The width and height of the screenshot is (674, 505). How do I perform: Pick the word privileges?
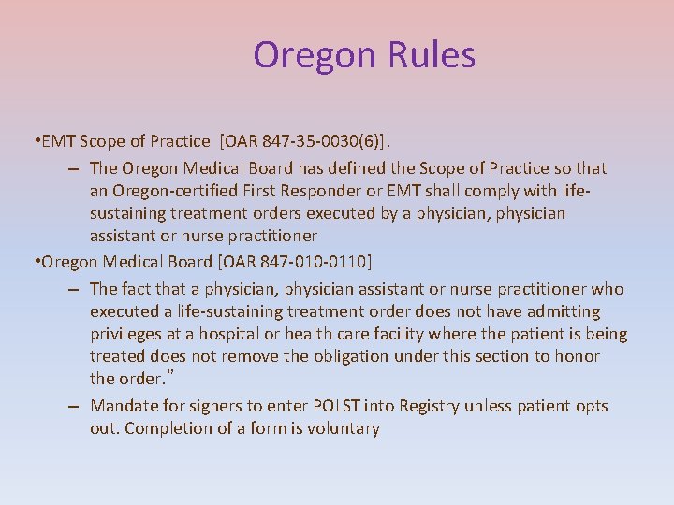(130, 334)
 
